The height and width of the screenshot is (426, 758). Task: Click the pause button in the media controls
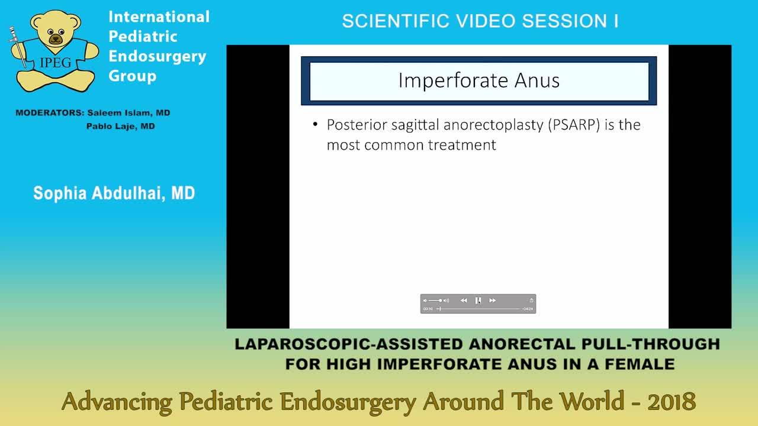pos(478,300)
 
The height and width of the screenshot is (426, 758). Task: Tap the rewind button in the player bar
pos(464,300)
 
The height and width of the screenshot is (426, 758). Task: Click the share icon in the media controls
pos(531,300)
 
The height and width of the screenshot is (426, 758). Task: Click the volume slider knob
pos(440,300)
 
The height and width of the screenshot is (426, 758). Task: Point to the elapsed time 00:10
pos(428,309)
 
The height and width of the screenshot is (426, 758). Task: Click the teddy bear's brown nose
pos(55,39)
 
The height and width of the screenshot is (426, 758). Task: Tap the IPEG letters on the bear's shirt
pos(55,62)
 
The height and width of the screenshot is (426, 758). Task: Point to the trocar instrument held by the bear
pos(18,47)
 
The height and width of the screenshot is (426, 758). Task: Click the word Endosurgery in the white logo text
pos(157,56)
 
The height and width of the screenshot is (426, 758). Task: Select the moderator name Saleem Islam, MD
pos(129,112)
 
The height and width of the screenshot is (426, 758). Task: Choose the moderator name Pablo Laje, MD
pos(120,126)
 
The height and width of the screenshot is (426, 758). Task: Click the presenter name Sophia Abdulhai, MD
pos(114,193)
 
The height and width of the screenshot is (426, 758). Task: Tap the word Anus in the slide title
pos(537,80)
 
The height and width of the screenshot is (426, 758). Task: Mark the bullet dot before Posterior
pos(315,124)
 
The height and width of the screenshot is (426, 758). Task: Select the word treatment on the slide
pos(462,145)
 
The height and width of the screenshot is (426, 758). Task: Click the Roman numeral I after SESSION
pos(616,21)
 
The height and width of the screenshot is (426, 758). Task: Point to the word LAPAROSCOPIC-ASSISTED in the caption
pos(349,344)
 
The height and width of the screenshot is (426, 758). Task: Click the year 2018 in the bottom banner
pos(672,402)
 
